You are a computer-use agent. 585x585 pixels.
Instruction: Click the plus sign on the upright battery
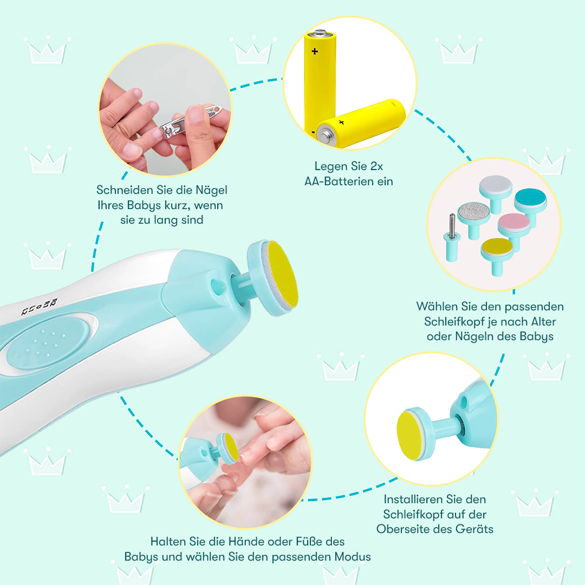[x=315, y=51]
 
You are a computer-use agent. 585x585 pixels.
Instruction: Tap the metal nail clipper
[x=190, y=121]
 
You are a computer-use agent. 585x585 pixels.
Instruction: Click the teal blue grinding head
[x=530, y=205]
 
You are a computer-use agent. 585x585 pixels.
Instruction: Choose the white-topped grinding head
[x=496, y=193]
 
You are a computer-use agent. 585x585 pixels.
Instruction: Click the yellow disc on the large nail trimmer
[x=283, y=274]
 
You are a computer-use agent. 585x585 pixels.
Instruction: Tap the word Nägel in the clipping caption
[x=212, y=190]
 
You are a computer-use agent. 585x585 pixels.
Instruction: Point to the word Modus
[x=353, y=557]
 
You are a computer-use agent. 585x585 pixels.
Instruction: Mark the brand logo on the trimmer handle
[x=39, y=307]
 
